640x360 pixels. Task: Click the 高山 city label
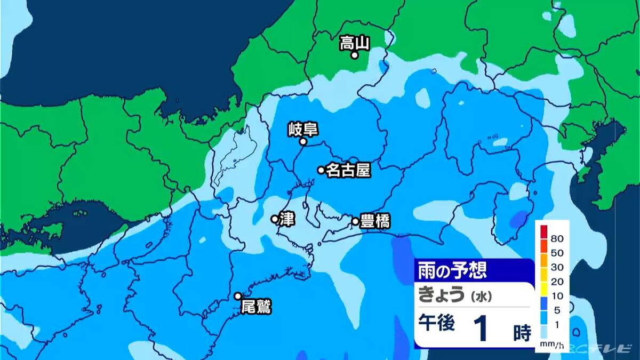click(x=355, y=43)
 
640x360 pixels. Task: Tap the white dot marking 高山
click(x=354, y=54)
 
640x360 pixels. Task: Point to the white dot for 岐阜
click(x=302, y=142)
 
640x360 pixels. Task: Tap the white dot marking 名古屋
click(x=321, y=170)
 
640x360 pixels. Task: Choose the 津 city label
click(x=285, y=219)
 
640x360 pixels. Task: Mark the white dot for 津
click(x=274, y=219)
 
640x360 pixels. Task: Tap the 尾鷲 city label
click(x=256, y=307)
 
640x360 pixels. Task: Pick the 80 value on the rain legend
click(x=558, y=237)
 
